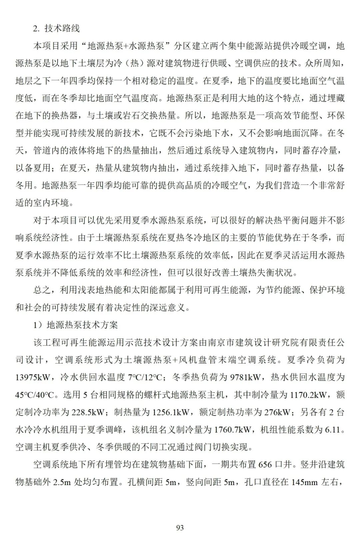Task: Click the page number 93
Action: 180,528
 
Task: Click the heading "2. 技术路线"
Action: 56,29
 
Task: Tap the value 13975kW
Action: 32,377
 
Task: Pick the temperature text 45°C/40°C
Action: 35,395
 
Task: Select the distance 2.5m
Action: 62,482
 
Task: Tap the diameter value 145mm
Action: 304,482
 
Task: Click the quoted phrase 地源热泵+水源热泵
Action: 126,46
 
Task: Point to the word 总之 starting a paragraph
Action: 42,290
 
